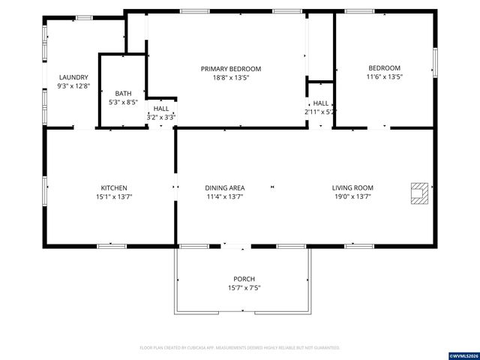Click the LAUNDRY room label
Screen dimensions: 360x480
(x=74, y=77)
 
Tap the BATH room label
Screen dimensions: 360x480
(x=123, y=93)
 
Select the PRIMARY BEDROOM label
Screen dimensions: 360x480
(x=231, y=68)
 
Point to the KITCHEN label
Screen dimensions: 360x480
(x=114, y=187)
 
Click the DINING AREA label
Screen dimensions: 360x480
(x=225, y=187)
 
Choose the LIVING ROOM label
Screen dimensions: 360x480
(x=352, y=187)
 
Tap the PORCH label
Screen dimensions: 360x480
(x=244, y=279)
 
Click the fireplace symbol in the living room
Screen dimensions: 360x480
(x=418, y=193)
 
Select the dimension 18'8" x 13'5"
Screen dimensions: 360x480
(x=231, y=77)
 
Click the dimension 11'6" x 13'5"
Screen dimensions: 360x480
(x=384, y=76)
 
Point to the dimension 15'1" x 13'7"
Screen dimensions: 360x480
(x=114, y=196)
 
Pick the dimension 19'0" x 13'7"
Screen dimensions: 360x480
(x=352, y=196)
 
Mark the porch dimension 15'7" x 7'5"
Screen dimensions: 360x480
(x=244, y=288)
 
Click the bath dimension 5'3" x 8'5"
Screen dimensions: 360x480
(x=123, y=102)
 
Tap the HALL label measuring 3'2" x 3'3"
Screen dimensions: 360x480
(x=161, y=108)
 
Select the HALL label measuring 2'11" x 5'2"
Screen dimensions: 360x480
(x=321, y=103)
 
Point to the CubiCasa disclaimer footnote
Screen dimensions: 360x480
(x=240, y=348)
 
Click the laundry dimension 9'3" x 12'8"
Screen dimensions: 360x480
(x=74, y=86)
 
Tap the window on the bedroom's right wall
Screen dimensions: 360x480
(x=434, y=61)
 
